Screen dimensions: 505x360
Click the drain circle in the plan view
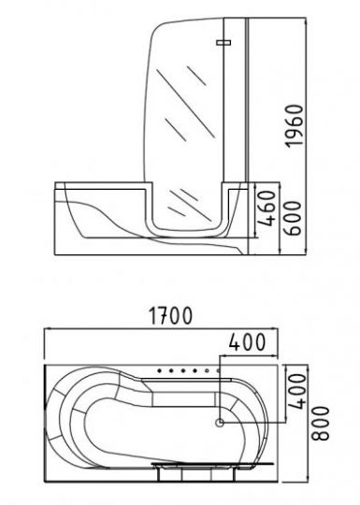(220, 423)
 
